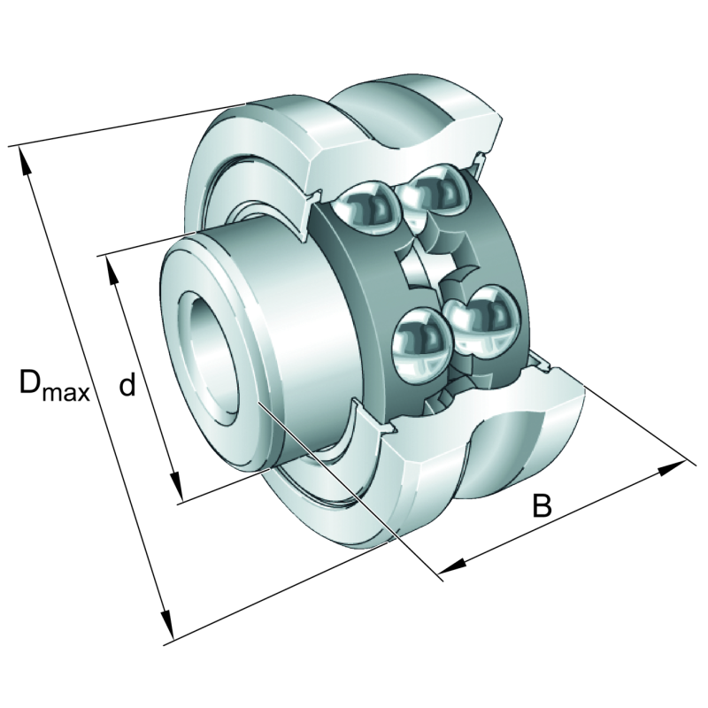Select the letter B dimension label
[542, 506]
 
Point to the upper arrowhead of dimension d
[112, 272]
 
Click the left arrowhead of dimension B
[452, 565]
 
